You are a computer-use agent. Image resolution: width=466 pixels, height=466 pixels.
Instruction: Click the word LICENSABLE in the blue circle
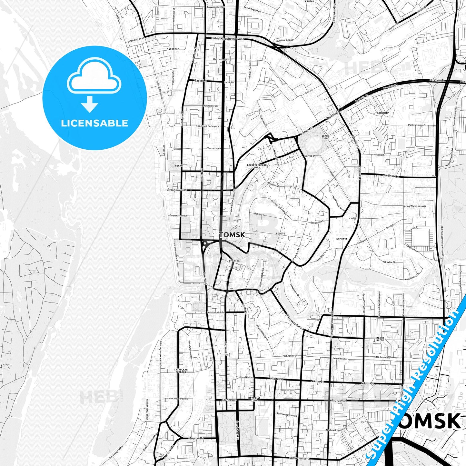(x=94, y=123)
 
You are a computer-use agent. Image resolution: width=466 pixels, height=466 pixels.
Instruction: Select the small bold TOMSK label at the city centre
(x=232, y=235)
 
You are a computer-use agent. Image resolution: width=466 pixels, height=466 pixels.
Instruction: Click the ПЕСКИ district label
(x=179, y=166)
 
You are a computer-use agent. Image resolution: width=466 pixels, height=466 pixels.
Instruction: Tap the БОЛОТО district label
(x=281, y=233)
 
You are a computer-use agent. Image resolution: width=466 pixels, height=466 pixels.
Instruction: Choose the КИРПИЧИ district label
(x=341, y=239)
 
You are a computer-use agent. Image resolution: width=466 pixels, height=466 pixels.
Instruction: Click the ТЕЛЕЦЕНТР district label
(x=382, y=113)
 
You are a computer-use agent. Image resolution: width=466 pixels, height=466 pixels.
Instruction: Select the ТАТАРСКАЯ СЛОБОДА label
(x=181, y=371)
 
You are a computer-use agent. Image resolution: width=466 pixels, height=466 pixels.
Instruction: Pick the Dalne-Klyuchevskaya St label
(x=228, y=38)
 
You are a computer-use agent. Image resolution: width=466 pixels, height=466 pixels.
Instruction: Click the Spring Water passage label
(x=414, y=206)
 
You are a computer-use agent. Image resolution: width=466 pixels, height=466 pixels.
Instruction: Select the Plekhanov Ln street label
(x=290, y=356)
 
